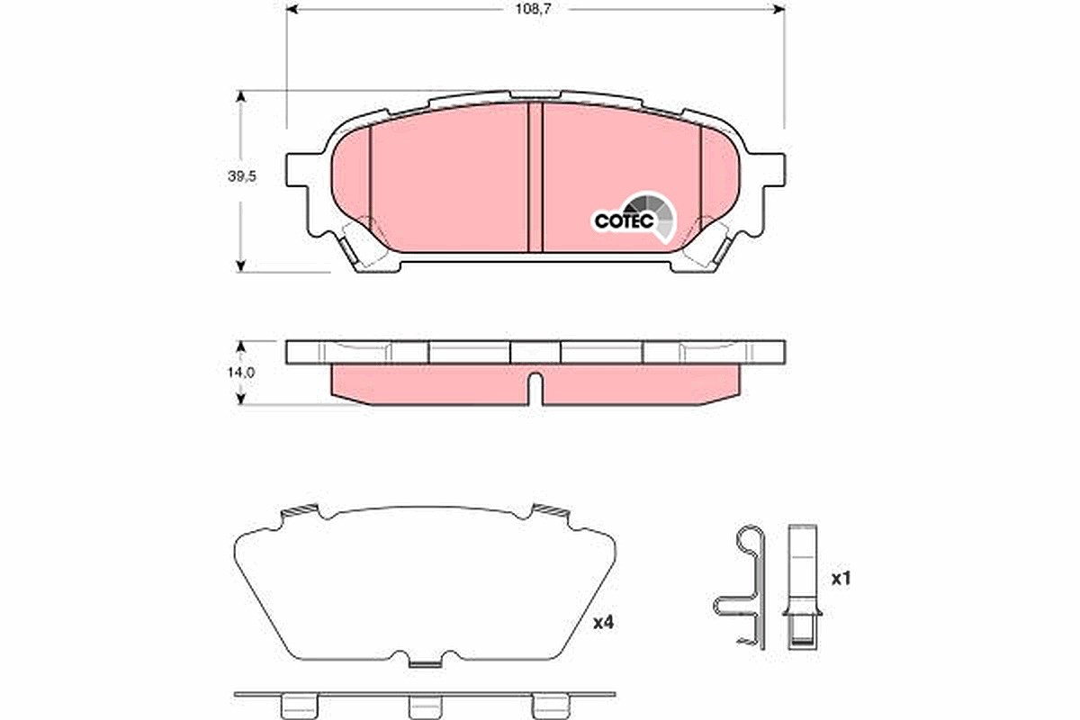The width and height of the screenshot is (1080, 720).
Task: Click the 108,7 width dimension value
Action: (533, 9)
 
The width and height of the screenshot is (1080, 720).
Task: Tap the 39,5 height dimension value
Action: (242, 176)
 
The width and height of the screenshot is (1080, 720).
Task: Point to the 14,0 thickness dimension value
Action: (241, 373)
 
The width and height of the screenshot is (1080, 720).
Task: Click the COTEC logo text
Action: (625, 220)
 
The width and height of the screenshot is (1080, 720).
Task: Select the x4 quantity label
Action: (603, 623)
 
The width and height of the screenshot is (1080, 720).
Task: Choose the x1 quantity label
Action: (841, 578)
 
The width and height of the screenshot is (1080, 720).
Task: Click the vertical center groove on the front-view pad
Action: (535, 177)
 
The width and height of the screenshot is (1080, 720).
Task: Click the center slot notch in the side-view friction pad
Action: (535, 388)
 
